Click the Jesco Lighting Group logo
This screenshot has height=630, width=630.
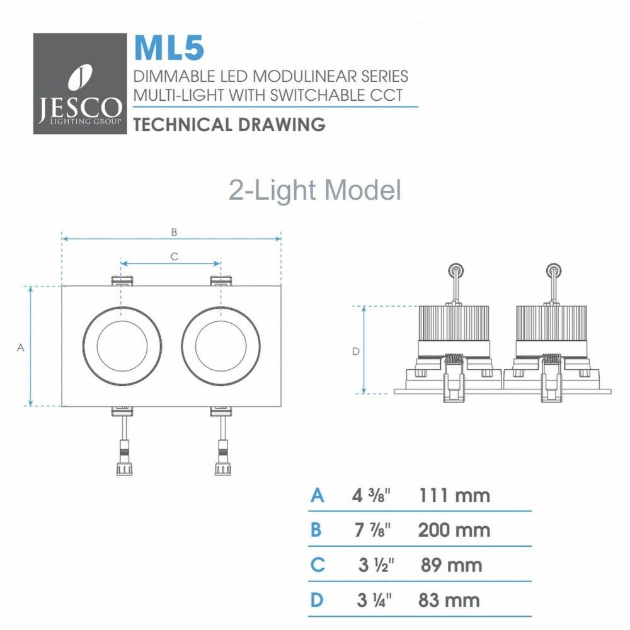tap(78, 84)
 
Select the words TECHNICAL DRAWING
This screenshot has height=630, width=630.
tap(229, 124)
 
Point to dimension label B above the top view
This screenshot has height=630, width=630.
tap(174, 232)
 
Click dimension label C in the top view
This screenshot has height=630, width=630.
tap(175, 256)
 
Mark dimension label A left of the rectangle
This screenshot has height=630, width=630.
tap(20, 347)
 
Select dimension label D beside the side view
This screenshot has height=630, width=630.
tap(355, 351)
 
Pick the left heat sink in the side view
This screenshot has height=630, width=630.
tap(454, 324)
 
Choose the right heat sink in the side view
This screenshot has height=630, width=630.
tap(553, 324)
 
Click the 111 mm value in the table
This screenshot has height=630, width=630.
tap(454, 495)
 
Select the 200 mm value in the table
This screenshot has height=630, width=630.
tap(454, 529)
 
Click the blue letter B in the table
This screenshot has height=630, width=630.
tap(316, 529)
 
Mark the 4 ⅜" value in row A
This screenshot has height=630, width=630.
tap(372, 495)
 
